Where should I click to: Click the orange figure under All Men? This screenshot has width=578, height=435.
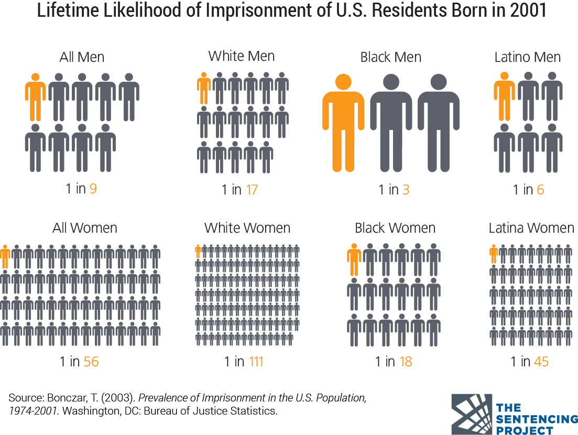(x=36, y=97)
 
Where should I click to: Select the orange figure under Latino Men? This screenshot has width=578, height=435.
(x=504, y=96)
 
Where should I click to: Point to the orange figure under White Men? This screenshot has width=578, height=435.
(x=204, y=89)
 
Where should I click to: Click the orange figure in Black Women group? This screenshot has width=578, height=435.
(x=354, y=259)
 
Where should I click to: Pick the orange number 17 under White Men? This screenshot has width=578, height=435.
(x=252, y=190)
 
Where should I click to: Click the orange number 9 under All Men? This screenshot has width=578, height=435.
(x=93, y=189)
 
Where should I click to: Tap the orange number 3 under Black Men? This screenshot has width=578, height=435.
(x=406, y=190)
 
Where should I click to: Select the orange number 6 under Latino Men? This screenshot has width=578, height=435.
(x=540, y=190)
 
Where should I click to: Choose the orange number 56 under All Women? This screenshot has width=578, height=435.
(x=91, y=362)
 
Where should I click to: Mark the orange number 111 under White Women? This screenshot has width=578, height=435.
(x=256, y=362)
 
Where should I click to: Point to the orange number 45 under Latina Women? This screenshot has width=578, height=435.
(x=541, y=362)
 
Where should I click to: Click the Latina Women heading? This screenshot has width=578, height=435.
(x=531, y=228)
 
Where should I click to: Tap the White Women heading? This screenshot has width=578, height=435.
(x=247, y=228)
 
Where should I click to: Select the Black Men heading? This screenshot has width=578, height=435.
(x=391, y=57)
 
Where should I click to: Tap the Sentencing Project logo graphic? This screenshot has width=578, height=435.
(x=472, y=415)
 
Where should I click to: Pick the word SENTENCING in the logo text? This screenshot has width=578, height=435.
(x=537, y=419)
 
